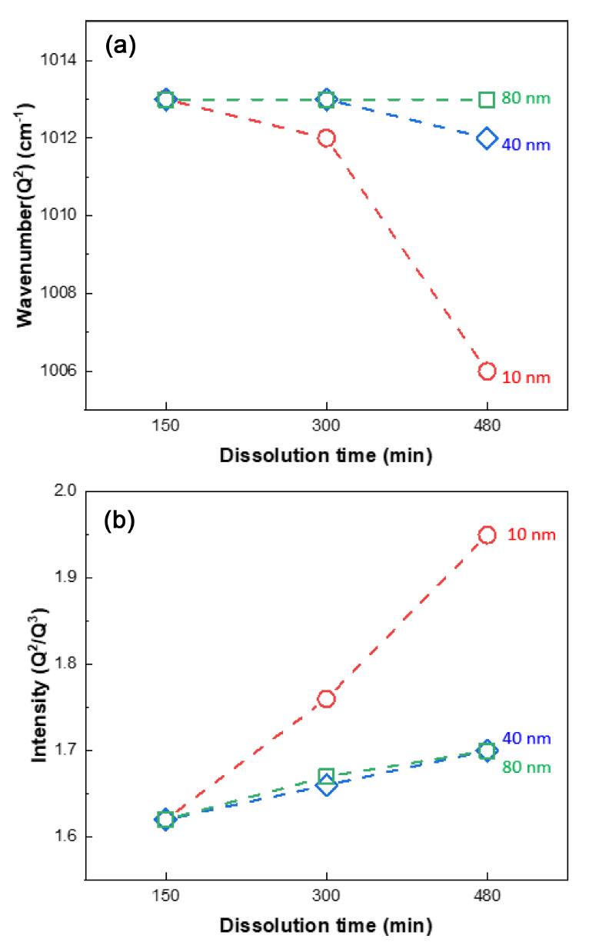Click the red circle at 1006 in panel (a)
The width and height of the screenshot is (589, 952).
pos(487,371)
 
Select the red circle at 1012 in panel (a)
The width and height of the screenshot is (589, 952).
pos(326,138)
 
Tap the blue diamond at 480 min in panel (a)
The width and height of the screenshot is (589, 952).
pos(487,138)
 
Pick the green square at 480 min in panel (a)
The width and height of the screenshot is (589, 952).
pos(487,99)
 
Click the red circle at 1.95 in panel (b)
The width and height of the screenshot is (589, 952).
pos(487,535)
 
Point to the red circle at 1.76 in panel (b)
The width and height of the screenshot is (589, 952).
pos(326,699)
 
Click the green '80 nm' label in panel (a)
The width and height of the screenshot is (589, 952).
pos(526,98)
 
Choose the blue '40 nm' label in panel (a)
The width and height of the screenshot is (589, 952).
pos(526,145)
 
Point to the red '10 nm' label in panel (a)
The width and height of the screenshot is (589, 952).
pos(526,377)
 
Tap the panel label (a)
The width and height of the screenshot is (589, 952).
pos(121,47)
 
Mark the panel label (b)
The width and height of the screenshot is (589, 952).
pos(121,521)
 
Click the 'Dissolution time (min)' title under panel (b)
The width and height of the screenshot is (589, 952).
pos(326,924)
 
